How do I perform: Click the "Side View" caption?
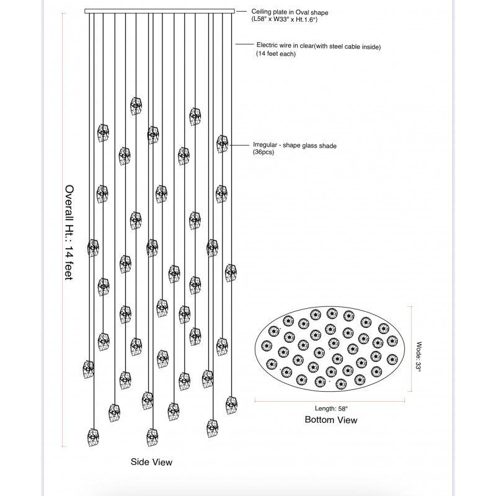coord(151,462)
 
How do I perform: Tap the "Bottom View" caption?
coord(331,420)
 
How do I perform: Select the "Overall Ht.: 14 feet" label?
coord(69,232)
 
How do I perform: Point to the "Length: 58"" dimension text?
coord(330,408)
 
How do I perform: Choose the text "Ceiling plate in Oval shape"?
coord(290,11)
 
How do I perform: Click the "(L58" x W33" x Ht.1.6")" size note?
coord(284,20)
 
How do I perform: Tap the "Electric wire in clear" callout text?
coord(318,46)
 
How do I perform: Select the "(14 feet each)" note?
coord(276,55)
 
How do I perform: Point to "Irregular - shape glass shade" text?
coord(294,144)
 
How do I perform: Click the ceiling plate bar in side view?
coord(159,11)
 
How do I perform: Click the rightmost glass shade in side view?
coord(231,272)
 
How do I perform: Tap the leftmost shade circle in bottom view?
coord(267,345)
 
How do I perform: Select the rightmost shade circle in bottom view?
coord(392,340)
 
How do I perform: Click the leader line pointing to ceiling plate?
coord(242,11)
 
